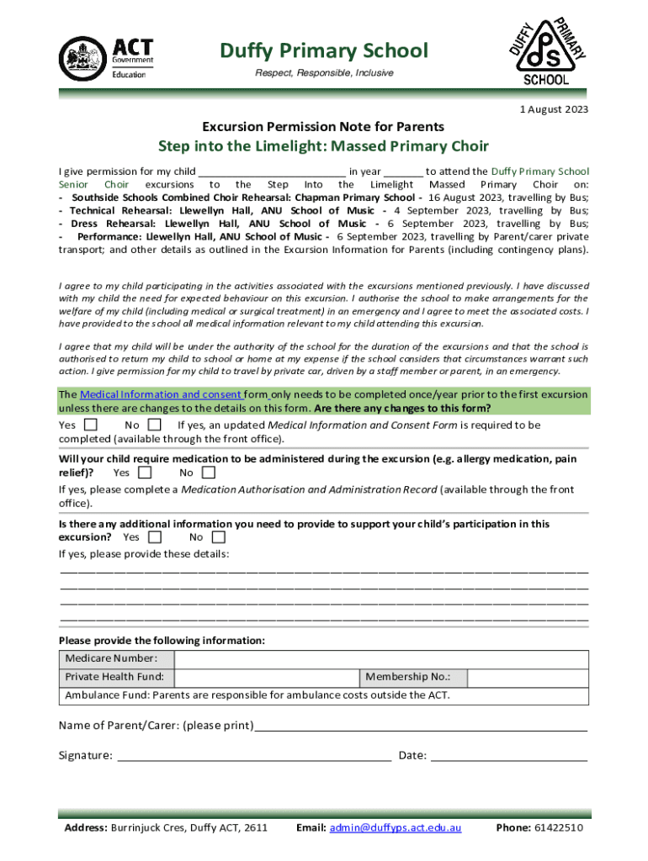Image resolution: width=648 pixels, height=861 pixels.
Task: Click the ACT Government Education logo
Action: [x=106, y=58]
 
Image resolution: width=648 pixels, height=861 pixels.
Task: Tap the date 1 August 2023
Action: [x=554, y=109]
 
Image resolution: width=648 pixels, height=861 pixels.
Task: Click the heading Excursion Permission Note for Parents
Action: [x=323, y=127]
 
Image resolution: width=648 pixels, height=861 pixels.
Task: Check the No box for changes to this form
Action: [x=154, y=425]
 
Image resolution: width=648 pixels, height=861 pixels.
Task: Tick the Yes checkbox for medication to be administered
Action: [x=145, y=473]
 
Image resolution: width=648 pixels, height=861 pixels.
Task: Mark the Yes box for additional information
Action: [x=155, y=536]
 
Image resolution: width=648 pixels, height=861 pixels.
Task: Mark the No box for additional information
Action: [x=219, y=536]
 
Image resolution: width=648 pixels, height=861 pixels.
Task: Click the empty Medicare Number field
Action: [x=381, y=658]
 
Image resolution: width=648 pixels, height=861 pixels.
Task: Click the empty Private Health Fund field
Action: [x=267, y=678]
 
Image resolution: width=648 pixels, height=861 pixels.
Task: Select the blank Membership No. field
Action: [x=527, y=678]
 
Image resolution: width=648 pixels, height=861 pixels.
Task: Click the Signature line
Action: [x=253, y=755]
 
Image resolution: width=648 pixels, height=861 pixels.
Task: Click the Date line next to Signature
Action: [x=508, y=755]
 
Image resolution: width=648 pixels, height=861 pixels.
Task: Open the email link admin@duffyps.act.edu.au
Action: [x=396, y=828]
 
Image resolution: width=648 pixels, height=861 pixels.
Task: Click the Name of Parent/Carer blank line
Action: [x=421, y=726]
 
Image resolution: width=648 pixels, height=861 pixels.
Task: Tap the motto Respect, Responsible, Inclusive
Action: [x=324, y=73]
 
